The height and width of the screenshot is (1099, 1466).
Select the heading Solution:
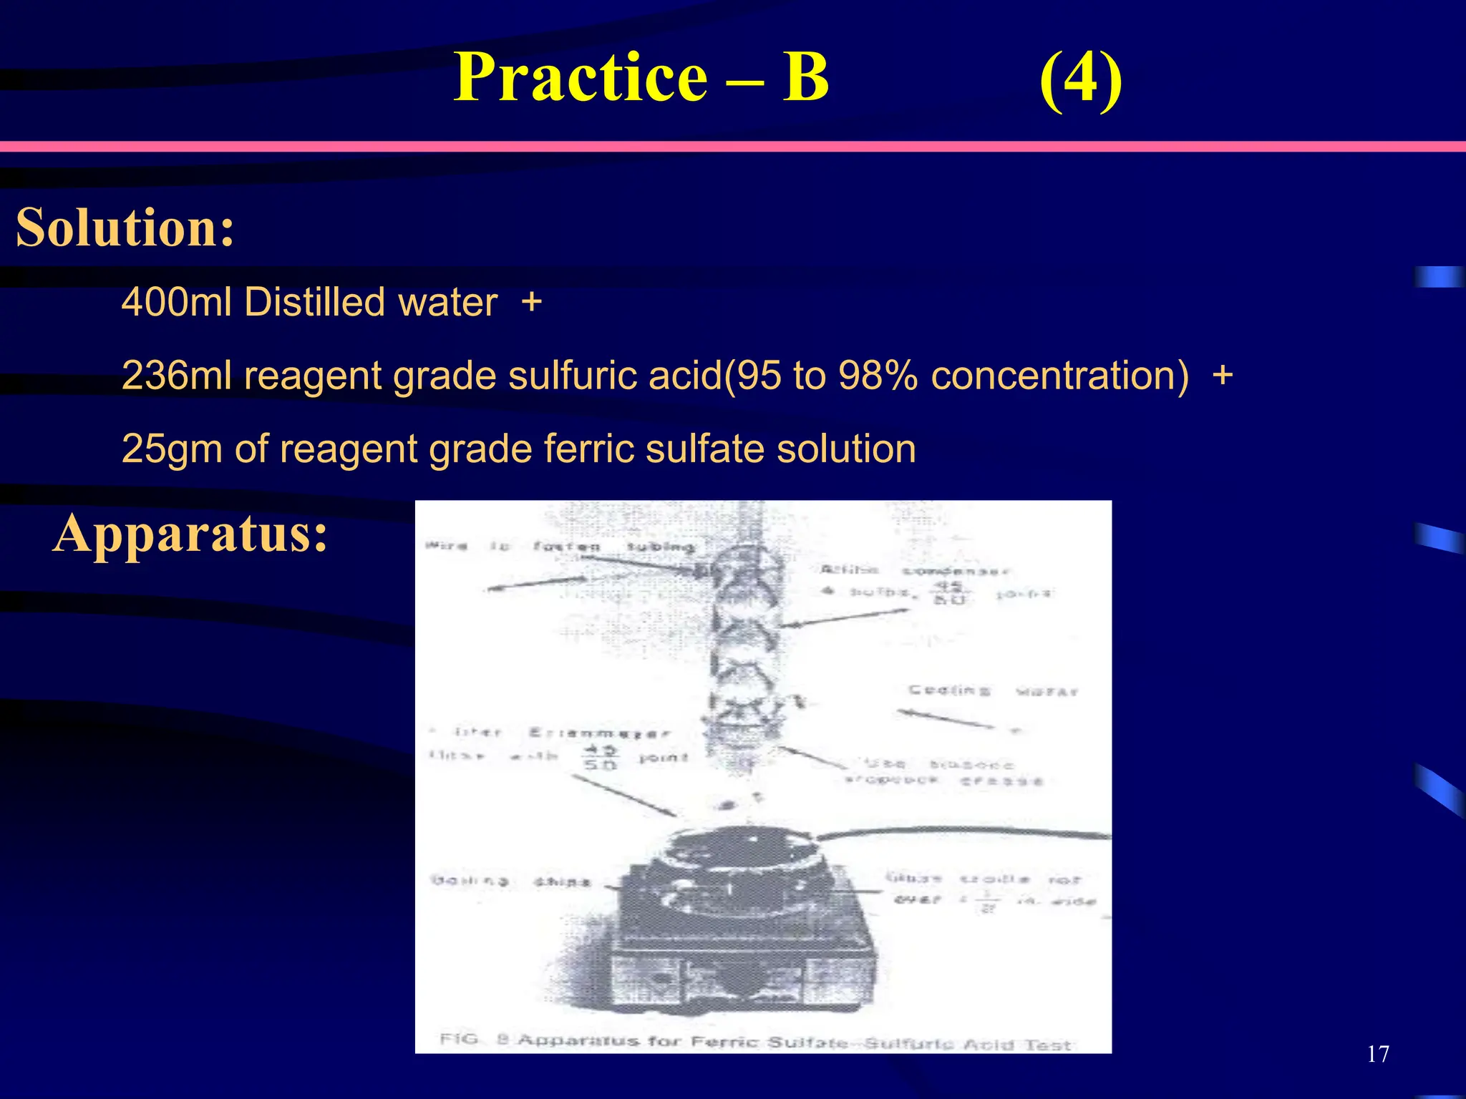125,228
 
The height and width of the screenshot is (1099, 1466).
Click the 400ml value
176,302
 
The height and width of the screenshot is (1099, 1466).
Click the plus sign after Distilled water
531,302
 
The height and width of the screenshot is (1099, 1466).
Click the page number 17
1378,1054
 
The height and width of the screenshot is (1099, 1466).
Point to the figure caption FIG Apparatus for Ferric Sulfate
754,1042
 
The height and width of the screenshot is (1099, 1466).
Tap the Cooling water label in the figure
992,691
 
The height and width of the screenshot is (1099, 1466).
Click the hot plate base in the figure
744,959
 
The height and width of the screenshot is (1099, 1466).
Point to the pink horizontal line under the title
733,146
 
